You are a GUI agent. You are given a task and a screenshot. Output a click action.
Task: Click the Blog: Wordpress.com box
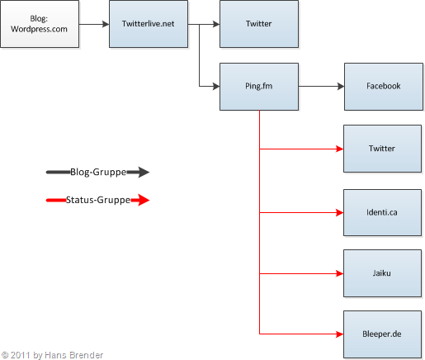point(40,24)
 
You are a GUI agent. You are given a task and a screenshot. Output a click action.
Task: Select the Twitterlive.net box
point(149,24)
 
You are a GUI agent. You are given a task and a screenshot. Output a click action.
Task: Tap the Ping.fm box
point(258,86)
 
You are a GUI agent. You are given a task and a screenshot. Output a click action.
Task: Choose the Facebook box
point(383,86)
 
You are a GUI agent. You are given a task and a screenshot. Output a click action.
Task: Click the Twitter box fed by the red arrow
point(382,149)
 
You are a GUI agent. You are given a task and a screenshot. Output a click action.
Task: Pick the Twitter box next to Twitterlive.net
point(258,24)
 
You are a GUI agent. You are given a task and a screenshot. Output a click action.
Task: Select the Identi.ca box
point(382,211)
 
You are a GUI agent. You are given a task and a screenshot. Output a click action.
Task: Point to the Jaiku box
point(382,272)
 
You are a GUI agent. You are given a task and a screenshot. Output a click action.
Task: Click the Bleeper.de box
point(382,334)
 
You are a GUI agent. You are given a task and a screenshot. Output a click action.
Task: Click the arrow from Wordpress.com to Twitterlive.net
point(94,24)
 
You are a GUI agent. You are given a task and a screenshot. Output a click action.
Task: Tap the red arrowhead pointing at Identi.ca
point(339,211)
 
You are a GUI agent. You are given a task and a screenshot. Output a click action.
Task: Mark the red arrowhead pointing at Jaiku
point(339,273)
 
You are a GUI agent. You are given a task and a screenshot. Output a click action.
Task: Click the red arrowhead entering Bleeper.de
point(339,334)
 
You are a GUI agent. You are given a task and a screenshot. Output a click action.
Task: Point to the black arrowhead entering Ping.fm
point(215,86)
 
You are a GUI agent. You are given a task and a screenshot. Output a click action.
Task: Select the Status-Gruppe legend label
point(97,199)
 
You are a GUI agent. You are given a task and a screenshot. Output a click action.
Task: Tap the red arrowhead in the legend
point(141,199)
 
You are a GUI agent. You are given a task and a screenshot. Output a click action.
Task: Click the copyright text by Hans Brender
point(53,354)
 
